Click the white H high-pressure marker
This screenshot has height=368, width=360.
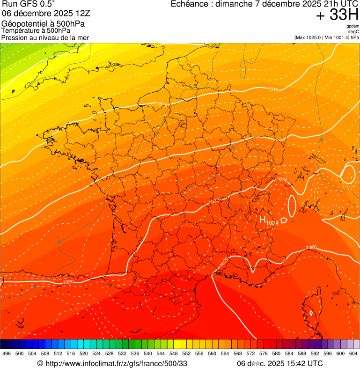(263, 219)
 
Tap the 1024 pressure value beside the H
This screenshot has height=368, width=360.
(272, 223)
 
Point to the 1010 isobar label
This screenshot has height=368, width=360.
(273, 89)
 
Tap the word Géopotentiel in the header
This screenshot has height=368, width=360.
(23, 23)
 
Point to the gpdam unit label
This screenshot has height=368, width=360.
(353, 26)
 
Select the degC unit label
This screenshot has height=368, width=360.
(353, 31)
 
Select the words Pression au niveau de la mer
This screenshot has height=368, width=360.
(45, 37)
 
